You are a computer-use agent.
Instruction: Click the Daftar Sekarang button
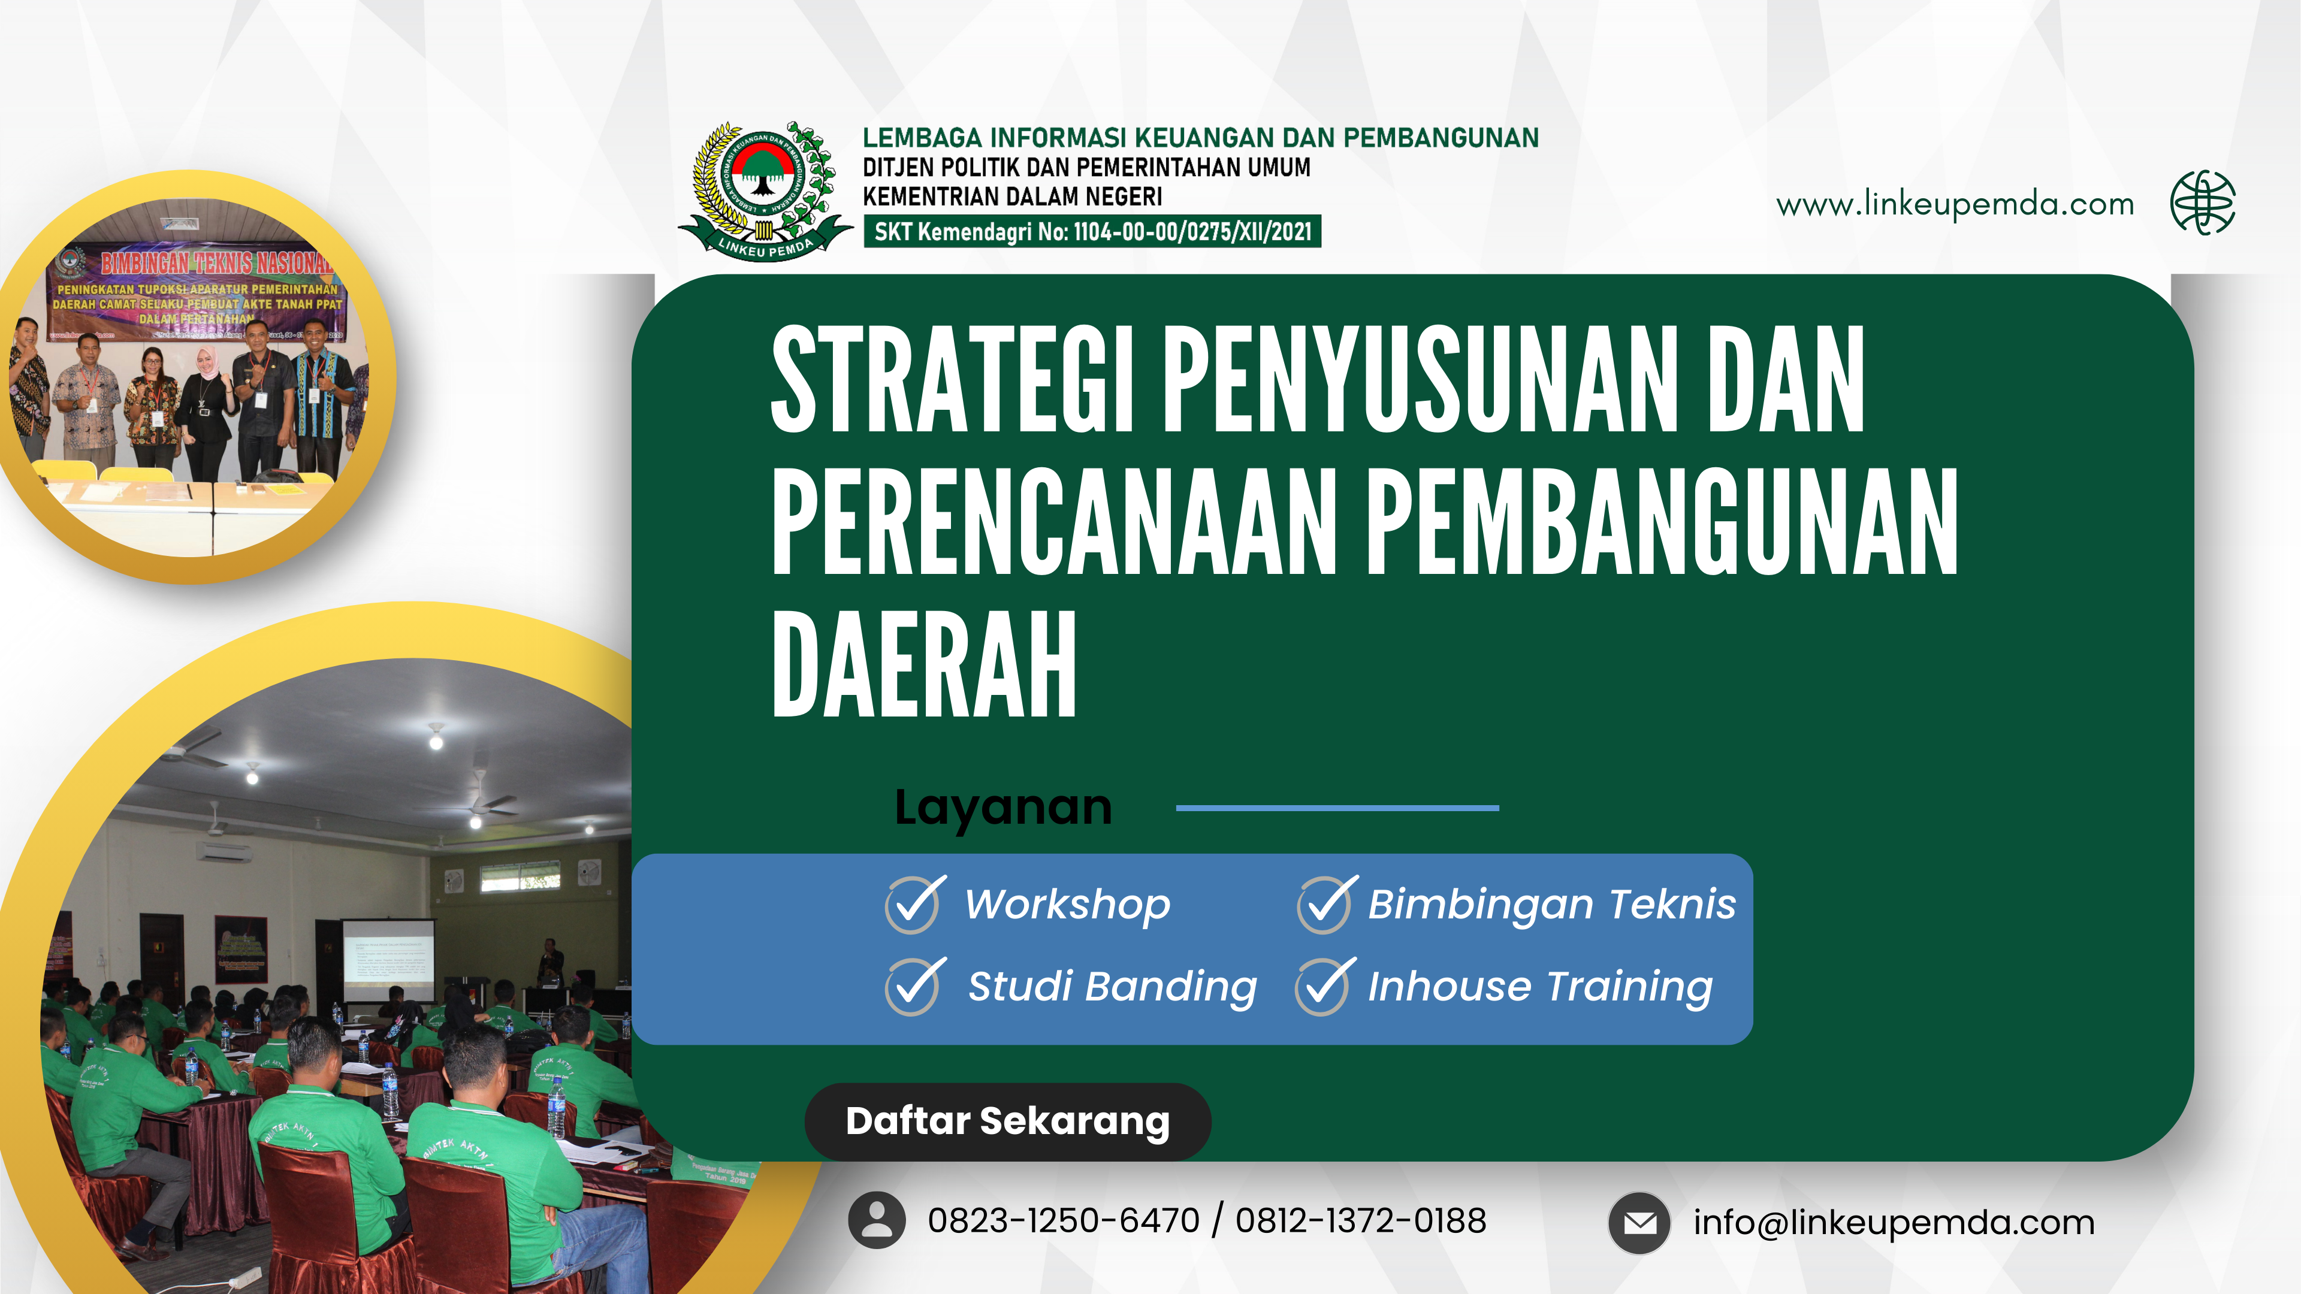click(1007, 1121)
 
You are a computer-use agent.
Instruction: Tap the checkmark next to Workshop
click(913, 905)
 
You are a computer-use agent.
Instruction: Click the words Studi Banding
click(1112, 987)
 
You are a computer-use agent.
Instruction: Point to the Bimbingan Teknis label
click(1551, 905)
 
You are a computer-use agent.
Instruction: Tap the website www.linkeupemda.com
click(1955, 204)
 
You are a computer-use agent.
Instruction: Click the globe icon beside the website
click(2203, 202)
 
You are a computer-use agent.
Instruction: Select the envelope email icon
click(1639, 1223)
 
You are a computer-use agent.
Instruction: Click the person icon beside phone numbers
click(876, 1220)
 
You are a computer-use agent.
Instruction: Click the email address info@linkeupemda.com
click(1894, 1223)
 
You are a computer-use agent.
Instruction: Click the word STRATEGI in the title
click(952, 380)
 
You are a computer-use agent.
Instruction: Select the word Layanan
click(1003, 808)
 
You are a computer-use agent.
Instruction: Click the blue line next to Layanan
click(1337, 808)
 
